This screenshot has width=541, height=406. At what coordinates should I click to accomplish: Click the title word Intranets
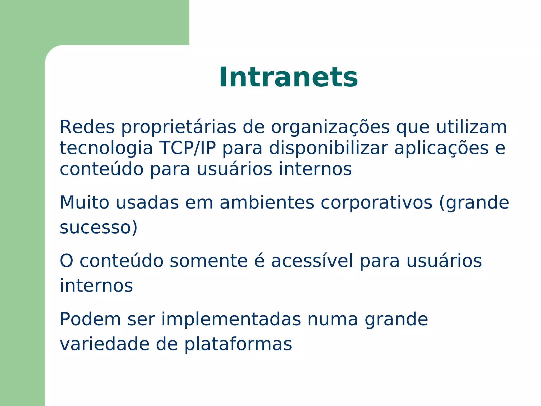[288, 77]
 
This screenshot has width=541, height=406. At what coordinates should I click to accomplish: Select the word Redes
[87, 127]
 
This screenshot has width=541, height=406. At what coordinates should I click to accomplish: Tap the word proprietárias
[179, 128]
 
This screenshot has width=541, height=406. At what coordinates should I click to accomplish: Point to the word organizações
[330, 128]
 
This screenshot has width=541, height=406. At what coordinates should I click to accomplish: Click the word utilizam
[471, 127]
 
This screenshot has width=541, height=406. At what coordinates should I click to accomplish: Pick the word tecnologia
[106, 148]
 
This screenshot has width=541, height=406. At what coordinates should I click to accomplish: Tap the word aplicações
[441, 148]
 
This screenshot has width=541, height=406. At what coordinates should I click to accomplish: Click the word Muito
[85, 203]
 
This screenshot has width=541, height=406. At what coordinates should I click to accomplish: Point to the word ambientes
[267, 203]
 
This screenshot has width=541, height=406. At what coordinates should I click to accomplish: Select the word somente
[208, 261]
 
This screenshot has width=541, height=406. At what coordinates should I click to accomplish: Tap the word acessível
[312, 261]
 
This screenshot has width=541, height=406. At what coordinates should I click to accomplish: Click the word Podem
[90, 319]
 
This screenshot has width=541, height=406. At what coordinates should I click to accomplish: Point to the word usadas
[147, 203]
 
